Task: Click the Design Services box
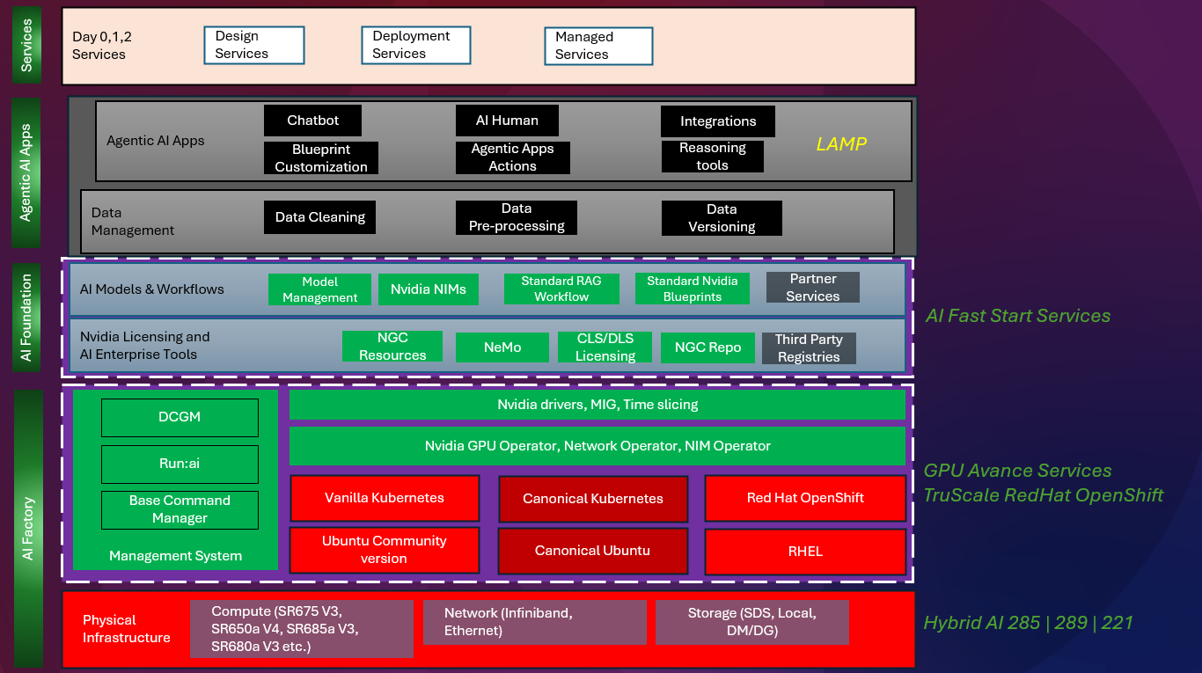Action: (253, 45)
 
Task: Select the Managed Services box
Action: (598, 46)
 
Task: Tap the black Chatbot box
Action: (312, 121)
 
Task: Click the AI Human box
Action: (507, 121)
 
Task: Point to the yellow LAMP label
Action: (841, 144)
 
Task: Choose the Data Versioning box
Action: (722, 218)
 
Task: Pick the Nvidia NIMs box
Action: (429, 289)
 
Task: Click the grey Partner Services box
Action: (812, 288)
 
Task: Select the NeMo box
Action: (502, 347)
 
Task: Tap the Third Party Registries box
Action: (809, 348)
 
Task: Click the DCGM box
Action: (180, 417)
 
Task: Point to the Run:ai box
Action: (180, 464)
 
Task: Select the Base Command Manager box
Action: (180, 509)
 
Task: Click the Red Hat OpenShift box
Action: (805, 498)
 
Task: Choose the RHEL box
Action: (805, 552)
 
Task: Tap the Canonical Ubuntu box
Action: (592, 552)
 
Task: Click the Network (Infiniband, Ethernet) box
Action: (534, 622)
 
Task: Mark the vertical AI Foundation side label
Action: (26, 318)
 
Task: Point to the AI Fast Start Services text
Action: (1017, 316)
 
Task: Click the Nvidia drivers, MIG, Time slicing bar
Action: (597, 405)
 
